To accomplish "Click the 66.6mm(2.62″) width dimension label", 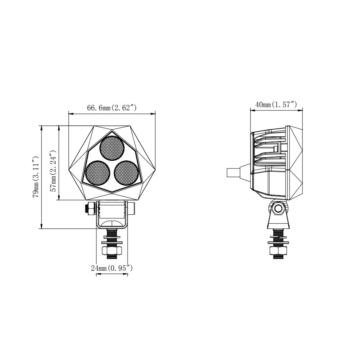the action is coord(112,108).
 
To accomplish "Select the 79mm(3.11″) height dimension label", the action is coord(36,177).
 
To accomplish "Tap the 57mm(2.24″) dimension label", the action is coord(53,171).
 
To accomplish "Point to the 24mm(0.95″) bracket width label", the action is coord(112,268).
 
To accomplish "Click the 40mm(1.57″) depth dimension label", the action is coord(276,105).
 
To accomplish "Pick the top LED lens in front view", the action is coord(112,148).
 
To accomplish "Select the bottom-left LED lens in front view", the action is coord(97,173).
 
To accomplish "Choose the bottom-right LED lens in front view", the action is coord(126,173).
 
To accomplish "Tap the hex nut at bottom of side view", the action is coord(278,251).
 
